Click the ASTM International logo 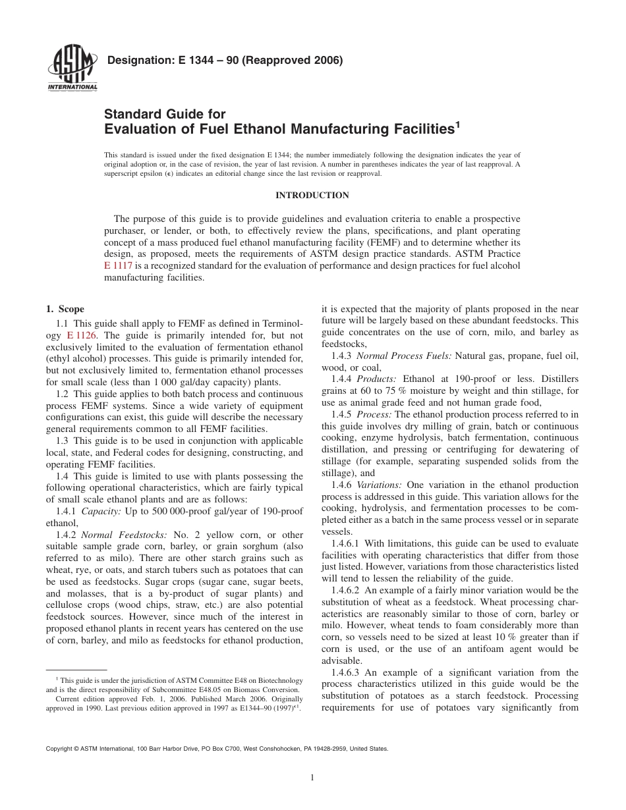[x=72, y=70]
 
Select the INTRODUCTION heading [x=312, y=195]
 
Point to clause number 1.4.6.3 [x=341, y=672]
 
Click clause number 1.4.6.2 [x=341, y=591]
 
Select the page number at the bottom [x=312, y=778]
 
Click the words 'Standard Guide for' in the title [x=165, y=114]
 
